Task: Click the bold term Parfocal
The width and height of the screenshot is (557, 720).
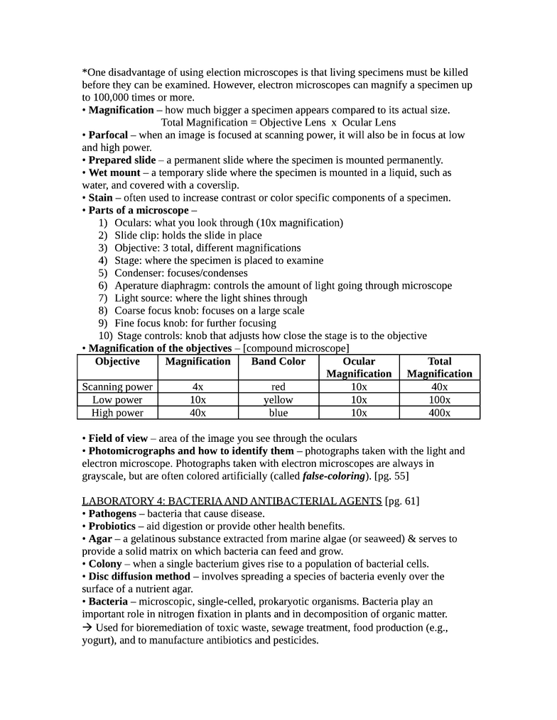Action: tap(108, 135)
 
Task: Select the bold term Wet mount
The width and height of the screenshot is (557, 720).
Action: tap(114, 172)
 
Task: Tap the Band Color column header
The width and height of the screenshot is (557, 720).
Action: tap(278, 361)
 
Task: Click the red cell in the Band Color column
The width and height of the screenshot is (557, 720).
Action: tap(278, 387)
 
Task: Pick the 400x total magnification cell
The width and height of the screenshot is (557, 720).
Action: tap(440, 413)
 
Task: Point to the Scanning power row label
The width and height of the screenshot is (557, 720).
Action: tap(117, 387)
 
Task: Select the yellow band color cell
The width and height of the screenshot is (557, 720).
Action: tap(278, 400)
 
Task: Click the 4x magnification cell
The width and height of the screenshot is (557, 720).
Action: tap(198, 387)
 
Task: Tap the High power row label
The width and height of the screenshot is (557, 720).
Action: tap(117, 413)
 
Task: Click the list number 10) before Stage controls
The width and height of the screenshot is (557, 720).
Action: tap(105, 336)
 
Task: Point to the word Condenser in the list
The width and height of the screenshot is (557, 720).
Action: tap(139, 273)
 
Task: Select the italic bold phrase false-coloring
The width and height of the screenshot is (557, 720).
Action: tap(335, 476)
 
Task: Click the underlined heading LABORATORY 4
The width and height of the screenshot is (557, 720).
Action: tap(232, 501)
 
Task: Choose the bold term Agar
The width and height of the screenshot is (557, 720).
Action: tap(100, 539)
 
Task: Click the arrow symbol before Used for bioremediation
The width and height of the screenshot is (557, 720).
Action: tap(87, 628)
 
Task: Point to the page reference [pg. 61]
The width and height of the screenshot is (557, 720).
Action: tap(402, 501)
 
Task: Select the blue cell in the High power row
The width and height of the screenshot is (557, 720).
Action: tap(278, 413)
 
